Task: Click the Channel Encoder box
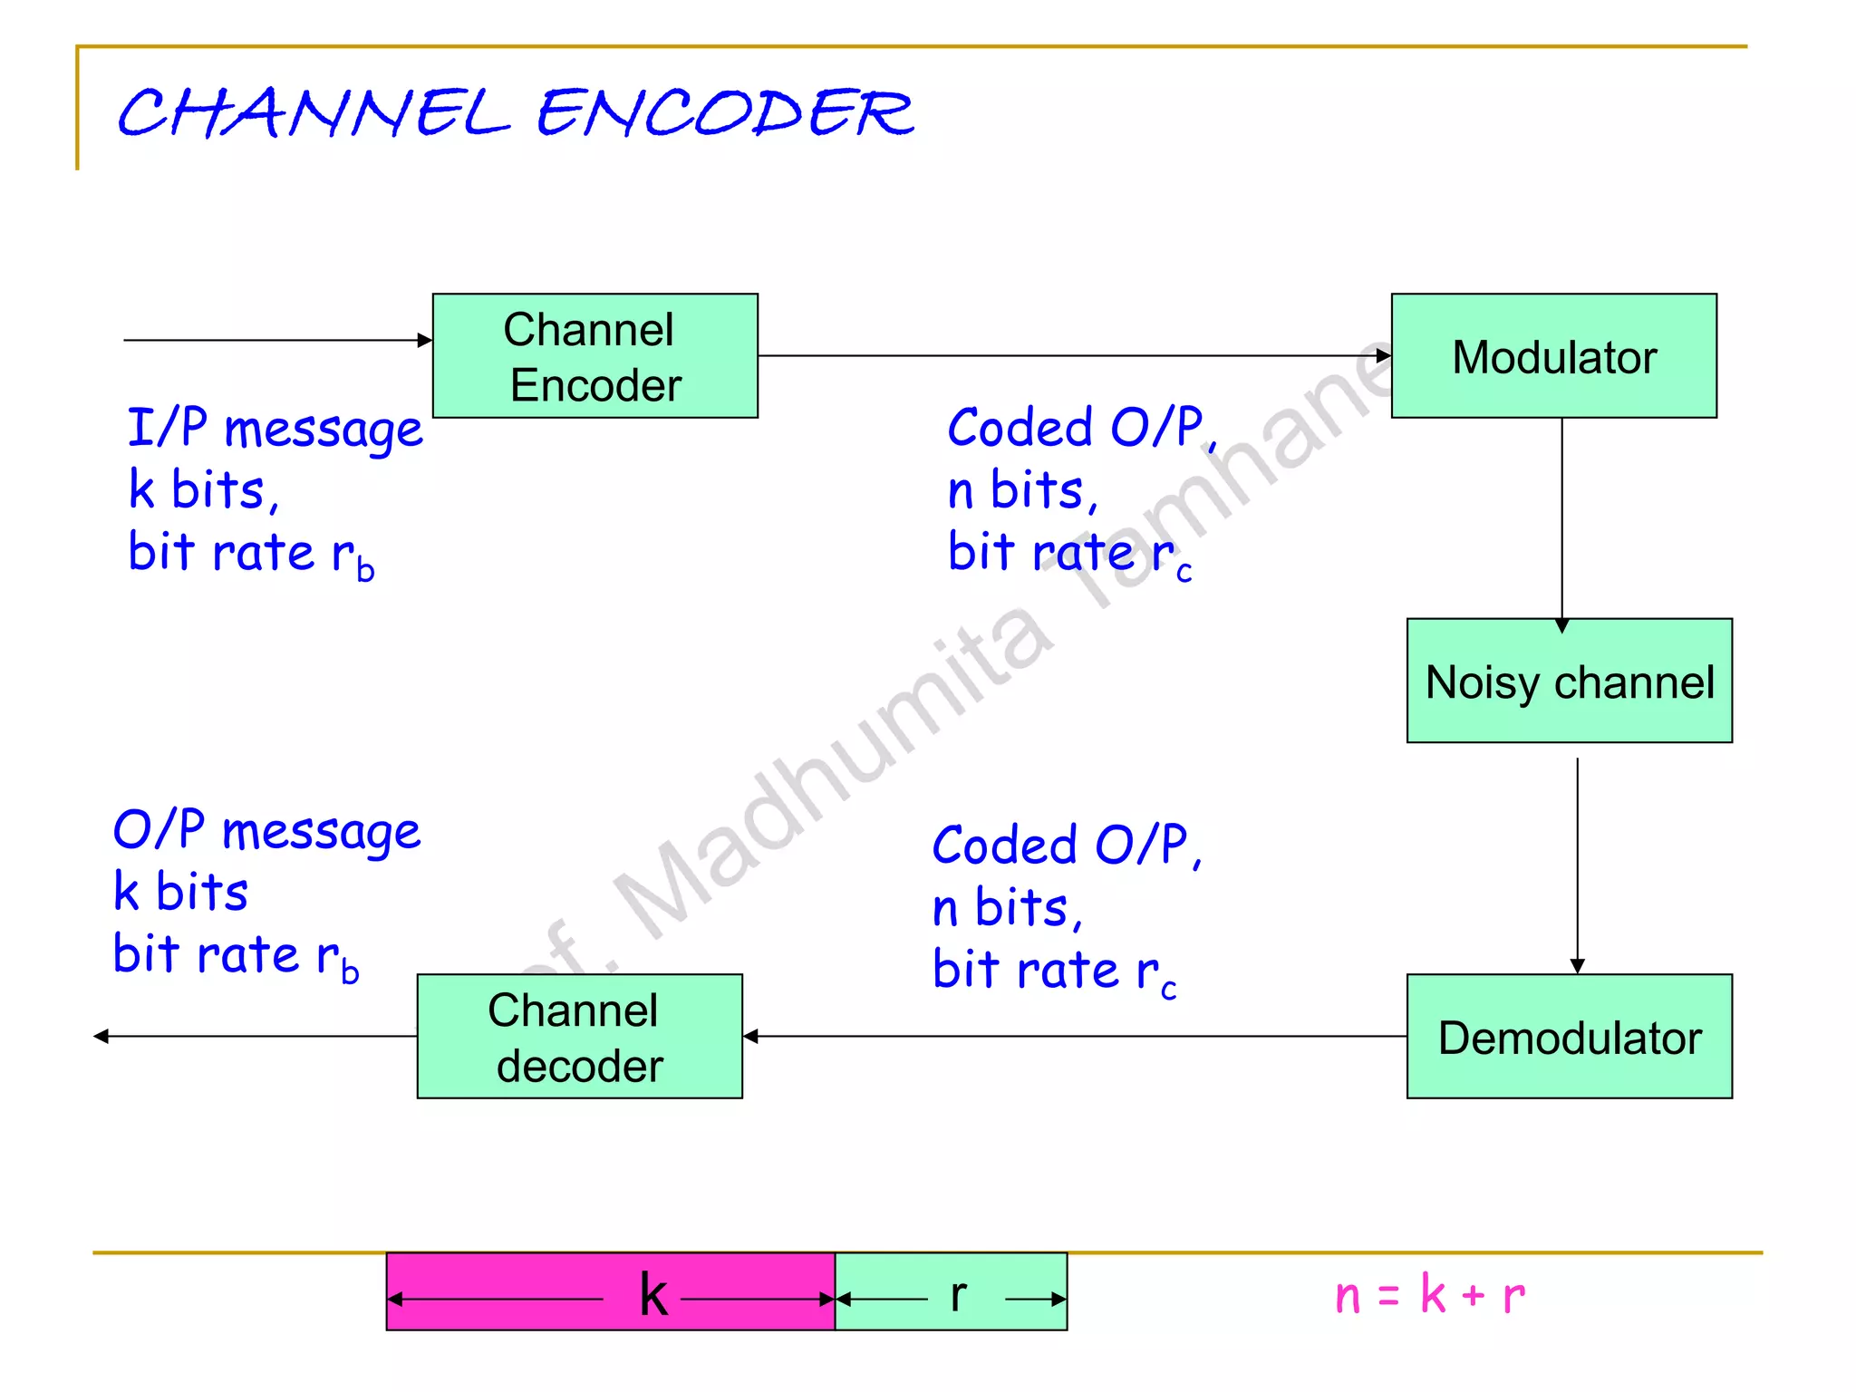click(x=594, y=355)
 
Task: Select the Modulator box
click(x=1553, y=355)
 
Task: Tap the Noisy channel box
click(x=1569, y=681)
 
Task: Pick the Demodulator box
click(x=1569, y=1036)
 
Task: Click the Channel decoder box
click(x=579, y=1036)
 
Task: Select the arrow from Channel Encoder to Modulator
click(x=1074, y=355)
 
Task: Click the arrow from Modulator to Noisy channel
click(x=1561, y=521)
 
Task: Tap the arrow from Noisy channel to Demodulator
click(x=1577, y=865)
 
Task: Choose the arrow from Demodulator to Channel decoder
click(x=1074, y=1036)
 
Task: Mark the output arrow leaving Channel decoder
click(x=254, y=1036)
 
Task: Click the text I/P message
click(x=275, y=428)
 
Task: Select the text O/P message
click(x=266, y=830)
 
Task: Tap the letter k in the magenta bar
click(x=652, y=1294)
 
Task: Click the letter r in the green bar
click(x=958, y=1294)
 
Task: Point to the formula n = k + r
click(x=1429, y=1294)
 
